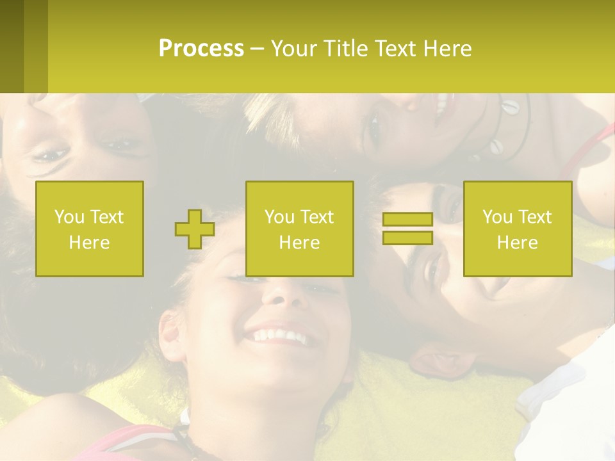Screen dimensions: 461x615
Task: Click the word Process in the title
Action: pos(201,49)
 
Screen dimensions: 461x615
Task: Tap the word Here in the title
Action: pos(447,49)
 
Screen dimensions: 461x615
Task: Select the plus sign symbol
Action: pos(195,229)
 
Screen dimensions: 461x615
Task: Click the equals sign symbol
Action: pos(407,229)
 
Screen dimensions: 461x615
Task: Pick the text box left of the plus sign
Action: pos(90,229)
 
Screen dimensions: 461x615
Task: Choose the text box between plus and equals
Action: pos(299,229)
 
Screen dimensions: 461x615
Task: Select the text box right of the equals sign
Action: pos(517,229)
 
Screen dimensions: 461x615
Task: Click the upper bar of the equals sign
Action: pos(407,220)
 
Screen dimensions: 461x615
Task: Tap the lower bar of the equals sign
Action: pos(407,238)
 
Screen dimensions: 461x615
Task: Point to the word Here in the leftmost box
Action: pos(89,242)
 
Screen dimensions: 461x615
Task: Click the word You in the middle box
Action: pos(279,217)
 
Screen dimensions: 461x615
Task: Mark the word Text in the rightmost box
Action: pos(536,217)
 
